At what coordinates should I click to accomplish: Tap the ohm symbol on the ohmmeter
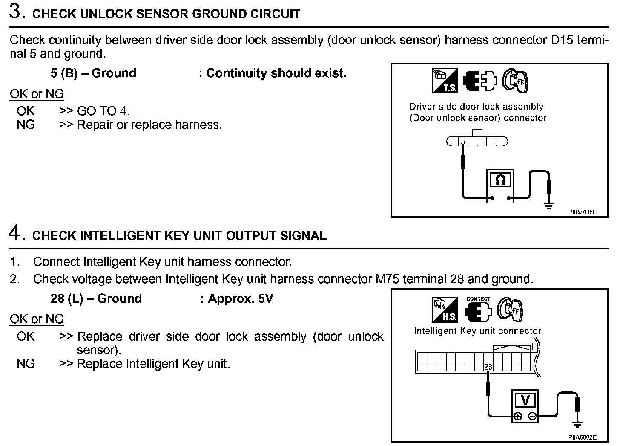tap(500, 180)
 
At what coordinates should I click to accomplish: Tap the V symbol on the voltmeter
tap(525, 400)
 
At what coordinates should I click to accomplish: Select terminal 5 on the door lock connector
tap(463, 142)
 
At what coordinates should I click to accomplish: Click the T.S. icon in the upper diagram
tap(445, 80)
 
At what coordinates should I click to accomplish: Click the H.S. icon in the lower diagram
tap(445, 309)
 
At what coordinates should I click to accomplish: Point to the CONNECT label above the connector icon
tap(478, 299)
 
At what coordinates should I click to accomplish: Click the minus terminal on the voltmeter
tap(532, 416)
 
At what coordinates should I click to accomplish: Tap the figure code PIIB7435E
tap(582, 212)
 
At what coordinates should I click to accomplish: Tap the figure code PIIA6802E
tap(582, 437)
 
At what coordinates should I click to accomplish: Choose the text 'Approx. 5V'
tap(240, 298)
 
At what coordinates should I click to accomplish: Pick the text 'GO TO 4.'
tap(103, 111)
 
